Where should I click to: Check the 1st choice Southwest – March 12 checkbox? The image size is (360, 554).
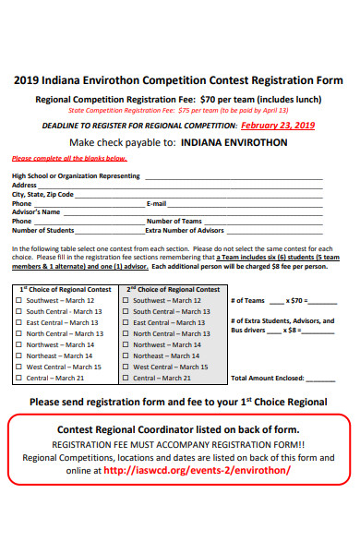point(21,300)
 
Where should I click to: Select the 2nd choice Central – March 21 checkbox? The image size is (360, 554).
point(127,378)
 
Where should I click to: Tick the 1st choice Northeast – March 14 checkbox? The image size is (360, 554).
point(21,355)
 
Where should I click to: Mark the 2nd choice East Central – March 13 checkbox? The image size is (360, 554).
point(127,322)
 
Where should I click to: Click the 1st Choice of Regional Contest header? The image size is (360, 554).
point(64,289)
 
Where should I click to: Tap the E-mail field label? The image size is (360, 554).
point(157,203)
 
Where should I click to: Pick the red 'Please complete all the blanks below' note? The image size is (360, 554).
point(69,159)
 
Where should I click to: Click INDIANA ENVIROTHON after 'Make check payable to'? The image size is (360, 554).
point(234,143)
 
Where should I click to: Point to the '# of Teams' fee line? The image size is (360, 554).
point(282,300)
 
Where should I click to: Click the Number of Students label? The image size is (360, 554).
point(43,230)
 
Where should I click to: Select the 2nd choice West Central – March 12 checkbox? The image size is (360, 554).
point(127,367)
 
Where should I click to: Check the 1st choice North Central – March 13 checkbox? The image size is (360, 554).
point(21,333)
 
